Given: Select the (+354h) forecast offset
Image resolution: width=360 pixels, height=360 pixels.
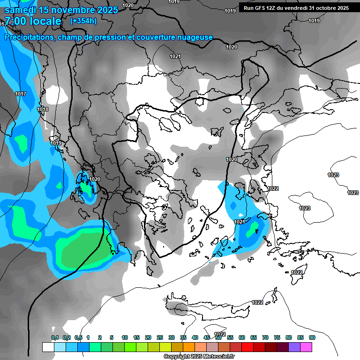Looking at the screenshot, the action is click(83, 21).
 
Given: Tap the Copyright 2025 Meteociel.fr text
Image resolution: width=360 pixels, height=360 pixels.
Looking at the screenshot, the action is click(199, 356).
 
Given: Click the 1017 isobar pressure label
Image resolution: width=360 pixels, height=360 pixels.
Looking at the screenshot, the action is click(21, 94).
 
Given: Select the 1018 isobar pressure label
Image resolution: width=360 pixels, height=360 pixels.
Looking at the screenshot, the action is click(43, 109).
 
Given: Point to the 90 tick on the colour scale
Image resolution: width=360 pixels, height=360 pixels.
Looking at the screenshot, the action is click(312, 337).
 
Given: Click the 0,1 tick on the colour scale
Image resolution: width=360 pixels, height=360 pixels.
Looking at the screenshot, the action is click(55, 337).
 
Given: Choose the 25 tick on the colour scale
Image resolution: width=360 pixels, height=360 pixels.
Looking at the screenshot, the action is click(160, 337).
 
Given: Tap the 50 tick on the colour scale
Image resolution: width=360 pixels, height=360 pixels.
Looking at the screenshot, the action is click(218, 337).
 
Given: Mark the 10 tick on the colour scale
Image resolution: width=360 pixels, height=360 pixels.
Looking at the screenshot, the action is click(125, 337).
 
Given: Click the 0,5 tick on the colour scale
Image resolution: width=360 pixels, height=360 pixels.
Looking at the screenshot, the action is click(78, 337).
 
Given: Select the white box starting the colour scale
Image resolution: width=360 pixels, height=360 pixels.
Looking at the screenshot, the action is click(48, 347).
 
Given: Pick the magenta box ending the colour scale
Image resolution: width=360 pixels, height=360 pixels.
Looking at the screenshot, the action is click(306, 347).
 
